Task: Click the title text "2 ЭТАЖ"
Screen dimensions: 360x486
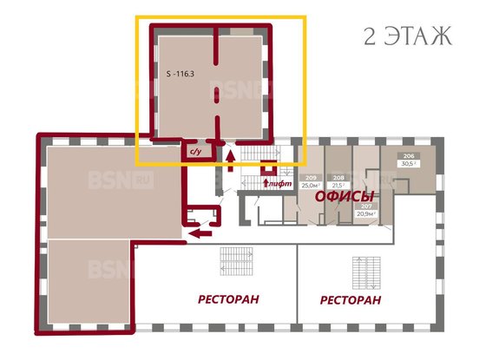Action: [407, 36]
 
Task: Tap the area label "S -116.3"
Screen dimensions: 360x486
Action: [177, 75]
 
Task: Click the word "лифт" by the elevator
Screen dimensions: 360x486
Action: [279, 184]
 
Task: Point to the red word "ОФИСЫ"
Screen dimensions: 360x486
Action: [345, 197]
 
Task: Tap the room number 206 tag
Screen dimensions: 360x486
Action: [408, 155]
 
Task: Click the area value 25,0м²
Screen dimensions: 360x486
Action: [308, 184]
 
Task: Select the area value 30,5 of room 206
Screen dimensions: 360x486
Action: [408, 163]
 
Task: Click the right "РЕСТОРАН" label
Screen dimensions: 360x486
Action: [351, 300]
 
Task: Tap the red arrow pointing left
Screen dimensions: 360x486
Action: [200, 232]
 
